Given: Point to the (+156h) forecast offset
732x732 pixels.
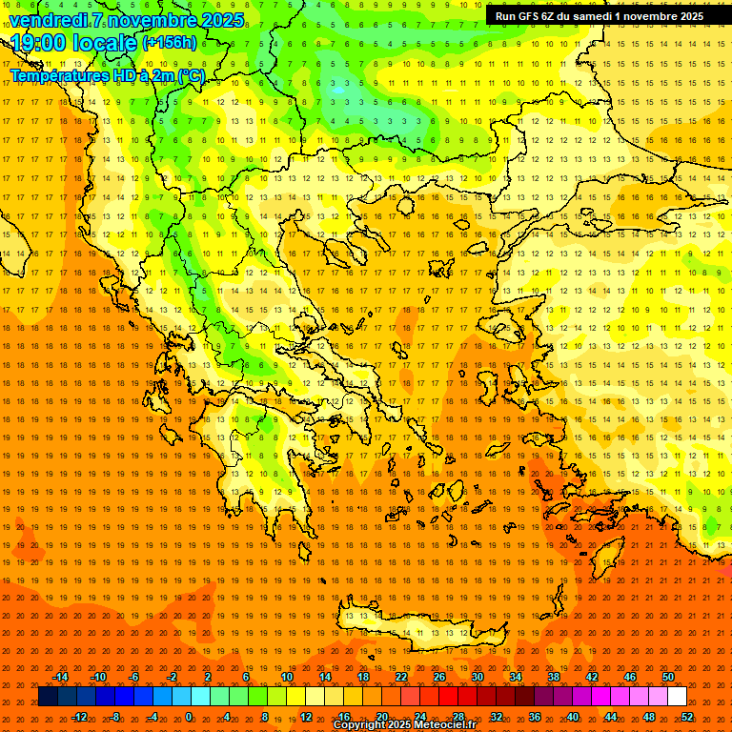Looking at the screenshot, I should pyautogui.click(x=169, y=43).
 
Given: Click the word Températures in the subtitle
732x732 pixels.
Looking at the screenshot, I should pyautogui.click(x=56, y=75).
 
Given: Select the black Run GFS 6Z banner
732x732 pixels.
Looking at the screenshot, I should pyautogui.click(x=599, y=15).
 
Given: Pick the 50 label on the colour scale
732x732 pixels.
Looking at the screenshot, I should pyautogui.click(x=668, y=677).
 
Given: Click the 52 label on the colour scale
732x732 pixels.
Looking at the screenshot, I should pyautogui.click(x=687, y=716).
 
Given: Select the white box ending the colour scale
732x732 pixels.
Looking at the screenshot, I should pyautogui.click(x=677, y=697).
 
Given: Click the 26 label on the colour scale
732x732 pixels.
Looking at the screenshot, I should pyautogui.click(x=439, y=677).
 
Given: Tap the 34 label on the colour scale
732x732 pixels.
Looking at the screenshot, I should pyautogui.click(x=516, y=677).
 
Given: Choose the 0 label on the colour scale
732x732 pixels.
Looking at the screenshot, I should pyautogui.click(x=190, y=716).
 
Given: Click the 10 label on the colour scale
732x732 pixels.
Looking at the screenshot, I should pyautogui.click(x=287, y=677).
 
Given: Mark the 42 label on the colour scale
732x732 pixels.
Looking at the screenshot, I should pyautogui.click(x=592, y=677).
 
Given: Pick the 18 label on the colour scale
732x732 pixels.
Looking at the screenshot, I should pyautogui.click(x=363, y=677).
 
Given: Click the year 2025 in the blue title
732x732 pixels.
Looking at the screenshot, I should pyautogui.click(x=216, y=20).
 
